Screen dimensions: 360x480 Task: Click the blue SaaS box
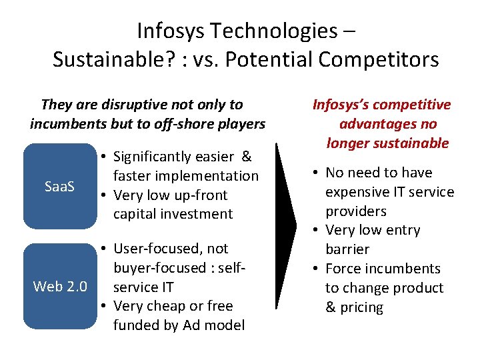[60, 187]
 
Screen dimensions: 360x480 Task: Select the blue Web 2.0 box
[60, 287]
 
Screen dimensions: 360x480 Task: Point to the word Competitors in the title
[378, 60]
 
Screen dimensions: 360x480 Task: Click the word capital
[135, 214]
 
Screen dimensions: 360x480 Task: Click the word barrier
[347, 249]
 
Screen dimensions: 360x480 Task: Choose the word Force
[343, 269]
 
